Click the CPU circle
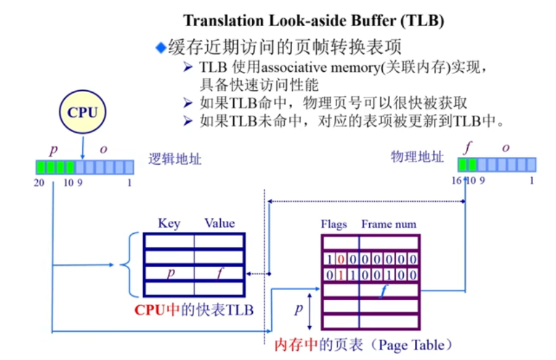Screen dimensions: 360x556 82,112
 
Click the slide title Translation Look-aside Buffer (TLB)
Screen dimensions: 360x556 314,21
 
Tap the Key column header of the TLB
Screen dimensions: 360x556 169,223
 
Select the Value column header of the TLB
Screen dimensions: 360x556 219,223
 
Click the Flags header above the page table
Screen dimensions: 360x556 334,224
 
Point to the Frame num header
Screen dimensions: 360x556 389,224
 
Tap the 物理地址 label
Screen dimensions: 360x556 417,157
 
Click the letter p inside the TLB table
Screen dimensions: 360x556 170,272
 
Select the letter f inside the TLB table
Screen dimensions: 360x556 220,272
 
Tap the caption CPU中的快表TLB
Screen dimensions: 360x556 194,309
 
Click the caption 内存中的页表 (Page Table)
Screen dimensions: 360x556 363,344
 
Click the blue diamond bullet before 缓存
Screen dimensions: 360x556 161,47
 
